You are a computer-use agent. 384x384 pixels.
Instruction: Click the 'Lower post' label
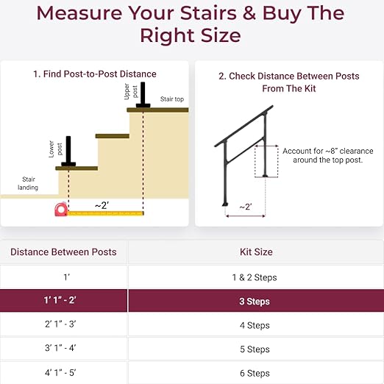point(51,149)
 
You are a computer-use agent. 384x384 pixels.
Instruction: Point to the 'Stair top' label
point(172,98)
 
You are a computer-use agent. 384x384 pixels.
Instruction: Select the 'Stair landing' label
point(28,183)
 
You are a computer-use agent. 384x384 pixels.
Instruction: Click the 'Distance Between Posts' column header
point(63,252)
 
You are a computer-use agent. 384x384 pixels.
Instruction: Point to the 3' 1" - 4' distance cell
point(63,349)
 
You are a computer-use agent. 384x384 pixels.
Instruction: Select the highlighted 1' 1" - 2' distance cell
point(63,302)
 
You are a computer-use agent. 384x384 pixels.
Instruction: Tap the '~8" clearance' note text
point(327,156)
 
